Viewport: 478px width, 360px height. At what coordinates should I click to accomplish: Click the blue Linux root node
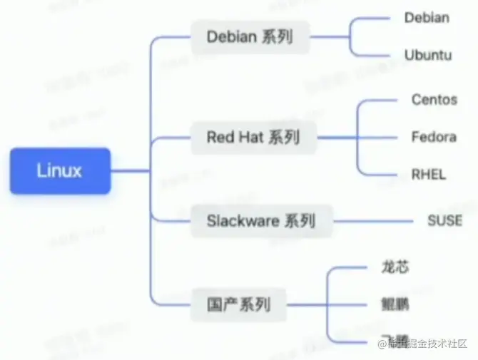60,170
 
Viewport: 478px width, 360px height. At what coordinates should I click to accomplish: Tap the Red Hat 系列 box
253,137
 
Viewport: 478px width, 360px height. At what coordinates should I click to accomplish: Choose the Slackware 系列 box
261,220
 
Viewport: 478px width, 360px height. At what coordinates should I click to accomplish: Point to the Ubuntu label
428,55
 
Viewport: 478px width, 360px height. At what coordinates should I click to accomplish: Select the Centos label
434,99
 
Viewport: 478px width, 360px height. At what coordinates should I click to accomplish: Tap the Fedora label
434,136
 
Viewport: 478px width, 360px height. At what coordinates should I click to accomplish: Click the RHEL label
429,174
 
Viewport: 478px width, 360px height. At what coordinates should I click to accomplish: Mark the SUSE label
444,220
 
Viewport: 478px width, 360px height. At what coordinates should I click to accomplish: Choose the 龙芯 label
394,268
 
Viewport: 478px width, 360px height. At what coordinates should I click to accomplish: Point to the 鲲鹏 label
395,305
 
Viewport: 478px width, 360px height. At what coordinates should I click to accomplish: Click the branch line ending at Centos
378,100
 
